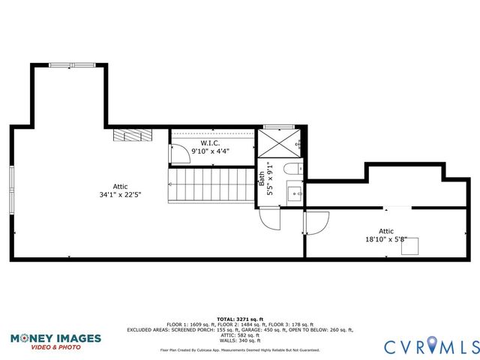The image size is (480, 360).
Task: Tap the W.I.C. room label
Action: (209, 142)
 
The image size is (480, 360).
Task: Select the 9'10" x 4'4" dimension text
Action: (210, 151)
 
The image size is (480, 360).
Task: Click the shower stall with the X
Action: (280, 142)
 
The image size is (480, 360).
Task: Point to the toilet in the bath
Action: (294, 169)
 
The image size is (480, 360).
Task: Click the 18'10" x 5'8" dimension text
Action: (385, 240)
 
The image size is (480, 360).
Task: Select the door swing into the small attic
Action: (316, 222)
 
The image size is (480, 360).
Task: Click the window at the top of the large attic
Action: (72, 65)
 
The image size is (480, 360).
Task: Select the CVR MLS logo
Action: (431, 346)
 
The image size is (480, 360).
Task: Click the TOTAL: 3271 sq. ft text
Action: (240, 319)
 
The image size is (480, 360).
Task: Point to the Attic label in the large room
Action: (121, 185)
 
